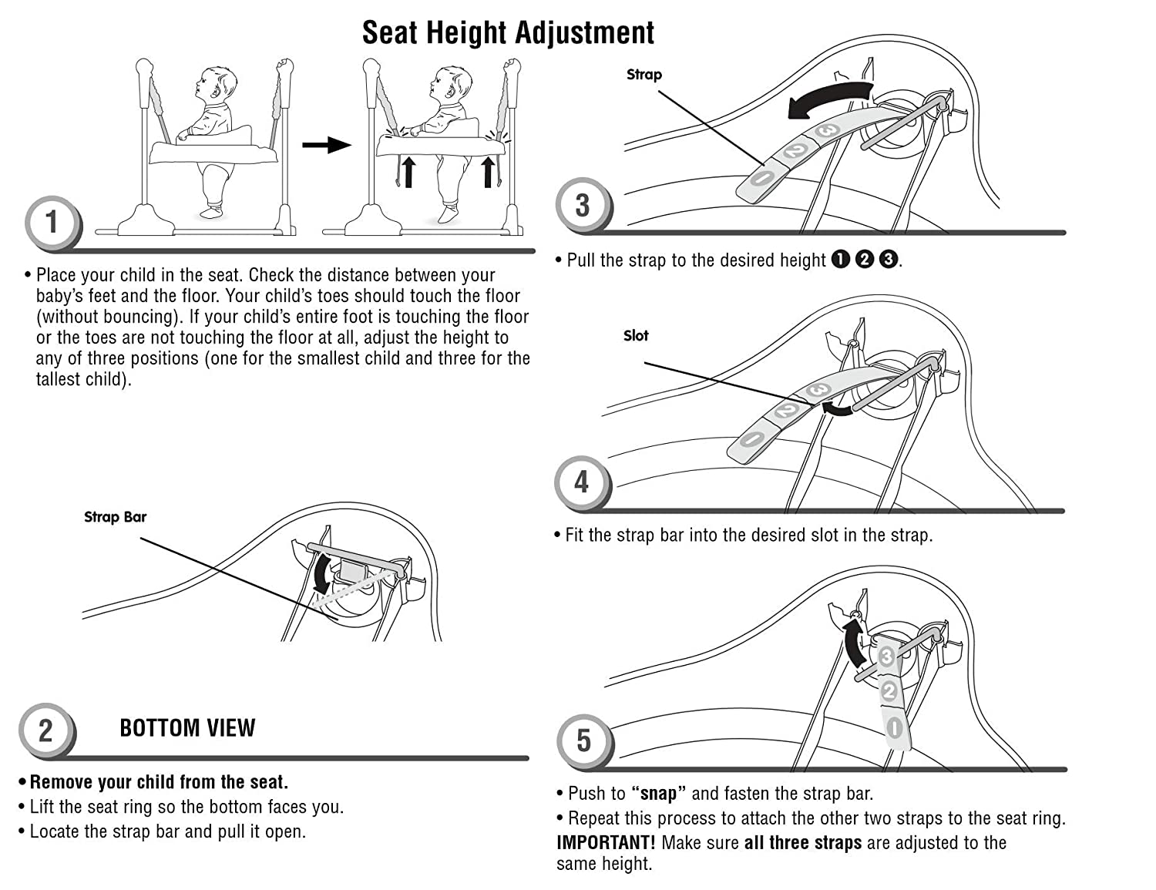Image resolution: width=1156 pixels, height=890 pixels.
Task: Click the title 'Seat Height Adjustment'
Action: [x=508, y=32]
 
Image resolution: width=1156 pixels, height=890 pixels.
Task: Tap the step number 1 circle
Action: [x=52, y=223]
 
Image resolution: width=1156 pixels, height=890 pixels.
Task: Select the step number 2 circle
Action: [x=46, y=730]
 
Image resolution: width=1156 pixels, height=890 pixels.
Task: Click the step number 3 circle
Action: [x=583, y=205]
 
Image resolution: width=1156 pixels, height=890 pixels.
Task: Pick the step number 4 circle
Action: [x=582, y=482]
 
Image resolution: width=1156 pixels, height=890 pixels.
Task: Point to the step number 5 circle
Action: [x=583, y=741]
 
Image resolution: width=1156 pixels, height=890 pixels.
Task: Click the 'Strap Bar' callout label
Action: [x=115, y=517]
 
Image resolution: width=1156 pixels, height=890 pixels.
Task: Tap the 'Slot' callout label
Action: [x=636, y=336]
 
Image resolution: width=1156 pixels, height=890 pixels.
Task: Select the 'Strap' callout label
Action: [x=644, y=75]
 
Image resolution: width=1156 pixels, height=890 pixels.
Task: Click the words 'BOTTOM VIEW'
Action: [x=187, y=728]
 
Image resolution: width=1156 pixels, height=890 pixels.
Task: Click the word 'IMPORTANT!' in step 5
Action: [x=606, y=843]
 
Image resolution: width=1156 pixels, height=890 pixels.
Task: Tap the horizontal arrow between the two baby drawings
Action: [x=326, y=144]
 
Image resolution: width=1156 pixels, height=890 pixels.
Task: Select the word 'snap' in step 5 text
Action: [x=657, y=794]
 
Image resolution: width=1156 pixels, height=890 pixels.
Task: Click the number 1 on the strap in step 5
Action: [x=894, y=727]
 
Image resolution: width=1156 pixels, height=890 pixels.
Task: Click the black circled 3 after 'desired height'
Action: [x=889, y=260]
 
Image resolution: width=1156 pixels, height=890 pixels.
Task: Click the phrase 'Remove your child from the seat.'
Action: [x=159, y=782]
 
